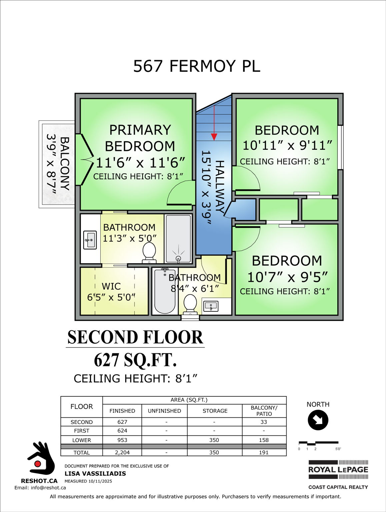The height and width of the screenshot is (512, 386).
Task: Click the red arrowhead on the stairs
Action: click(x=214, y=137)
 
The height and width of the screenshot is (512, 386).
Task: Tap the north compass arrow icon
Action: click(x=318, y=420)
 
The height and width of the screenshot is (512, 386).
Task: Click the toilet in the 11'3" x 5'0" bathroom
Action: click(x=149, y=252)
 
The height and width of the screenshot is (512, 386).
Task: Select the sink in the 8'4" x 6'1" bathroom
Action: click(x=211, y=306)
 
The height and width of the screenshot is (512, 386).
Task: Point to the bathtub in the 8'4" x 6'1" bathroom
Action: click(x=165, y=291)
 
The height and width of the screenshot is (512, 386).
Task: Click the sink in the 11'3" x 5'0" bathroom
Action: click(x=90, y=240)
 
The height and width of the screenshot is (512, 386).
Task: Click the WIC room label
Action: click(x=111, y=286)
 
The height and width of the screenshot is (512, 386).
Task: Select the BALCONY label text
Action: click(x=64, y=163)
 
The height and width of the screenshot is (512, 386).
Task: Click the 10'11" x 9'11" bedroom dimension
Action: click(x=287, y=145)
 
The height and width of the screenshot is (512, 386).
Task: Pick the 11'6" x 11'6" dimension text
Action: click(x=140, y=163)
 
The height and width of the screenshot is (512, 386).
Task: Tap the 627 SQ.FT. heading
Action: click(x=135, y=360)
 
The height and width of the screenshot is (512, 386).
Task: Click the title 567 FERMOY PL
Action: click(x=197, y=66)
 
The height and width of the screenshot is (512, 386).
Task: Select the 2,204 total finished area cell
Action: click(x=122, y=452)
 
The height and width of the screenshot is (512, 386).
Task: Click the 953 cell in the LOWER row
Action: click(x=122, y=440)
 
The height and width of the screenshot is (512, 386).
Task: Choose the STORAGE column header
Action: click(x=215, y=411)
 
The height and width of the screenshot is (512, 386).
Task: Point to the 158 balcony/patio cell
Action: click(x=264, y=440)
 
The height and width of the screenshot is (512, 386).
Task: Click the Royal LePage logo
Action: click(x=338, y=470)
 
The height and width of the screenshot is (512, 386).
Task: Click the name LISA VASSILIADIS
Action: click(x=95, y=473)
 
